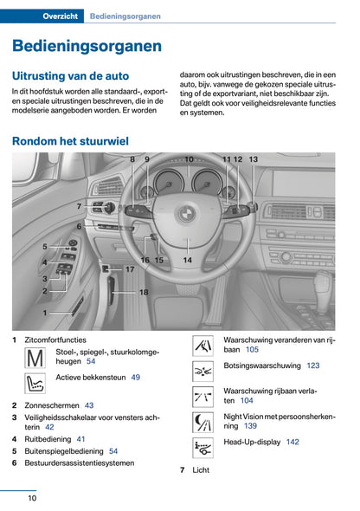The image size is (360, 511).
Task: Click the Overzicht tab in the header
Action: (61, 16)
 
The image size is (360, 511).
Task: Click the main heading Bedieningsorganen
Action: (87, 46)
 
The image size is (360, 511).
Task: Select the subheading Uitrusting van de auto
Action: (70, 76)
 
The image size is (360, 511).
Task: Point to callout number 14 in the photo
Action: (187, 260)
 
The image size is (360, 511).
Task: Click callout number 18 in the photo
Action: (144, 293)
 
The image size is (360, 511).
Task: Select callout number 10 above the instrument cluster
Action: (189, 159)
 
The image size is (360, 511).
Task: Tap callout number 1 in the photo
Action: (45, 312)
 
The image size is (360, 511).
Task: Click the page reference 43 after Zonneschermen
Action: (89, 405)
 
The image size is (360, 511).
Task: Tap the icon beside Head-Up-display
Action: (203, 447)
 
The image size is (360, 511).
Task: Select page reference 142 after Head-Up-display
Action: (292, 442)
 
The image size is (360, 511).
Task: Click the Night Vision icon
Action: (203, 422)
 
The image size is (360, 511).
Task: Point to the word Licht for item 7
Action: (201, 470)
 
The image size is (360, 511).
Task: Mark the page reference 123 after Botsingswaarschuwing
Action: (313, 366)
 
